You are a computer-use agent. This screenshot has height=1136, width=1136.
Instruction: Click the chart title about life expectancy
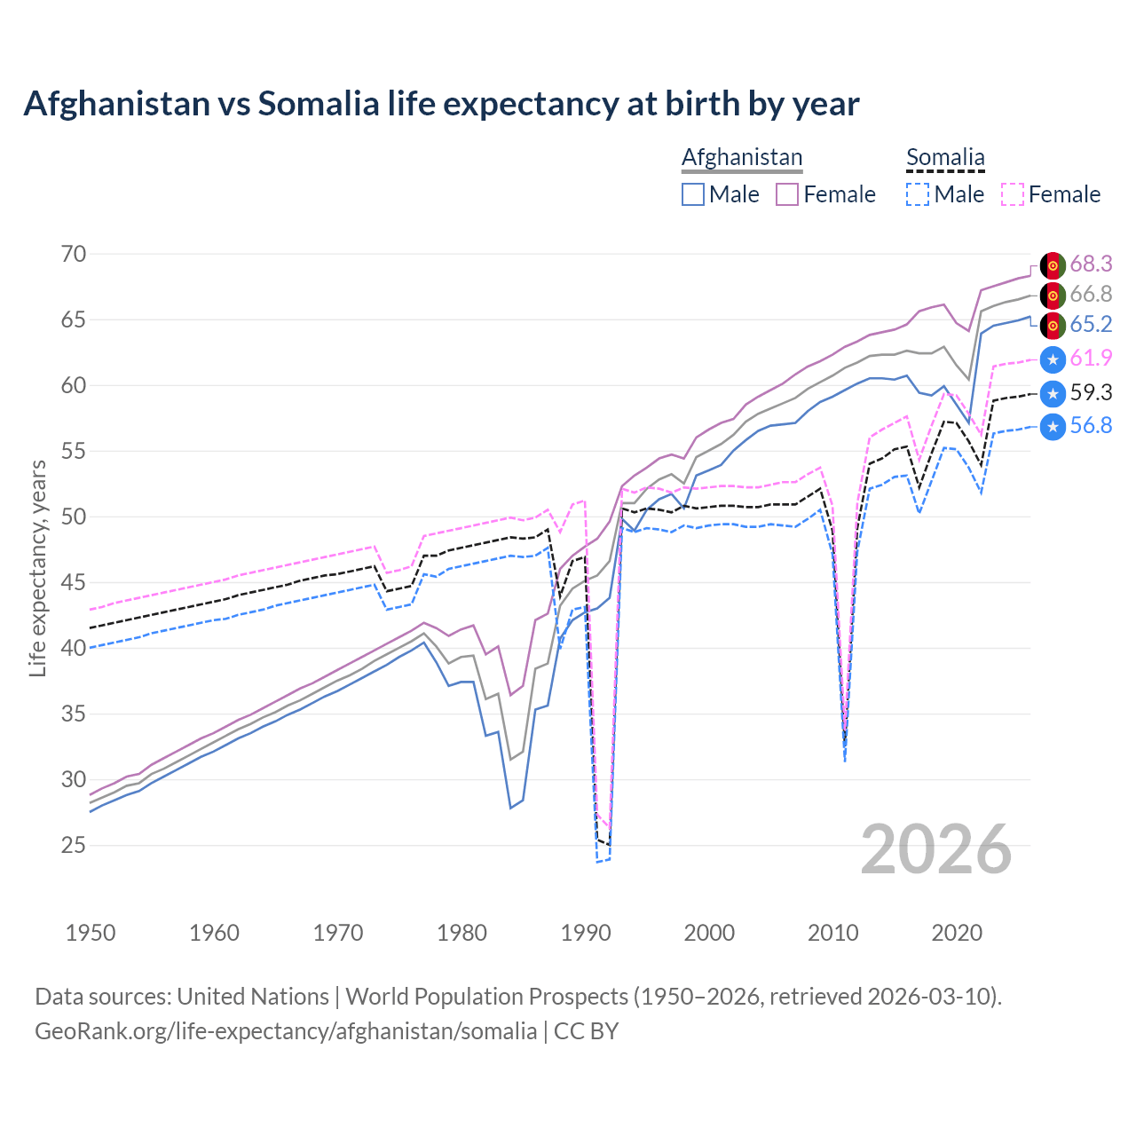[x=441, y=104]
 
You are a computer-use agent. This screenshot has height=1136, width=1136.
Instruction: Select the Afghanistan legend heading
[x=742, y=157]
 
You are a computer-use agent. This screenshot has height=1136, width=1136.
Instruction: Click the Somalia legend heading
[x=945, y=157]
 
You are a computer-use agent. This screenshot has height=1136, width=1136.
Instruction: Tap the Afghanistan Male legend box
[x=693, y=194]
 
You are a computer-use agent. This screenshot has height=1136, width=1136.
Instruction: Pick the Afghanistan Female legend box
[x=787, y=194]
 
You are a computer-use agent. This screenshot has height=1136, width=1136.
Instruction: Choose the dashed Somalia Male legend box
[x=918, y=194]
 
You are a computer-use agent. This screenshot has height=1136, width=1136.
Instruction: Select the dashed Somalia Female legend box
[x=1013, y=194]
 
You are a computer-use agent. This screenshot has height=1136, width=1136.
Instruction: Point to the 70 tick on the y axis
[x=74, y=254]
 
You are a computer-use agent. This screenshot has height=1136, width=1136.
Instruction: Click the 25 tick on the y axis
[x=74, y=845]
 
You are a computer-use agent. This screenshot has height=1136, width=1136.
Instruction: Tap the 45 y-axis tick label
[x=74, y=582]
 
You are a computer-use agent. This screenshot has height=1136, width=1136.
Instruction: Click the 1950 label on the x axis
[x=91, y=933]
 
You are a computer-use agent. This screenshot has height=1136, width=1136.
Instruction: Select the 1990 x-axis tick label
[x=586, y=933]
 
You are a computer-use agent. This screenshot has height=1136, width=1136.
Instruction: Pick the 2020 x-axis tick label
[x=957, y=933]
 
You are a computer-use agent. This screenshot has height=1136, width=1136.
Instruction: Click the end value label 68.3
[x=1091, y=264]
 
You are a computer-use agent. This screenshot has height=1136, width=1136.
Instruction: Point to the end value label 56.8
[x=1091, y=426]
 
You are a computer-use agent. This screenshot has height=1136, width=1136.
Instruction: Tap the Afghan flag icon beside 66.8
[x=1053, y=295]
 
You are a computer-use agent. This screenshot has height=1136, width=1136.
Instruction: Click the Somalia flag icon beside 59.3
[x=1053, y=393]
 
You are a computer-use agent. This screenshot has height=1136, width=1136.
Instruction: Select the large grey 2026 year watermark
[x=935, y=849]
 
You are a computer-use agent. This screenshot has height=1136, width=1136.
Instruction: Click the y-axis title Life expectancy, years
[x=37, y=568]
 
